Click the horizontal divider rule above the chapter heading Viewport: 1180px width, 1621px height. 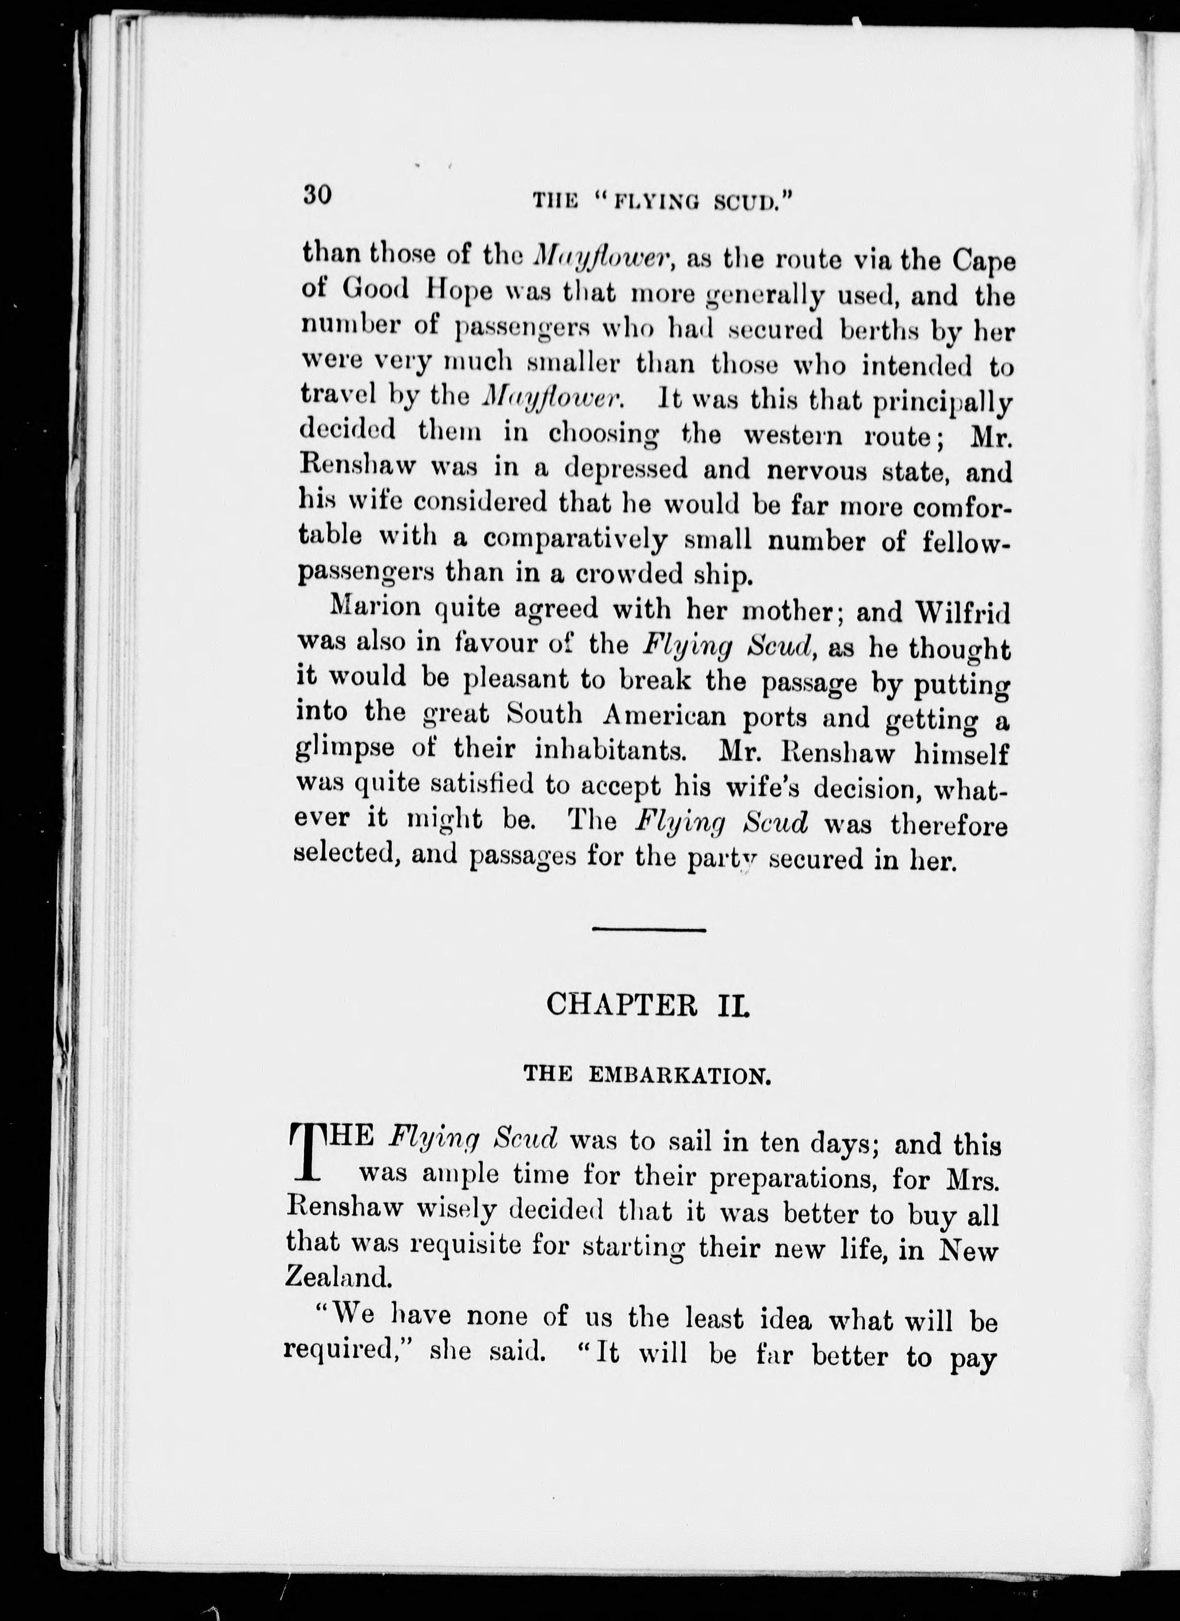click(x=649, y=929)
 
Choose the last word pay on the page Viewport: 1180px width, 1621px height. click(x=972, y=1357)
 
